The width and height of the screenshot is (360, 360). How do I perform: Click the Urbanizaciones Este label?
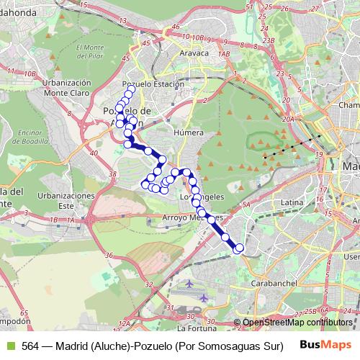click(x=66, y=200)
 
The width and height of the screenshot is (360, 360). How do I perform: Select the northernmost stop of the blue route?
click(x=129, y=94)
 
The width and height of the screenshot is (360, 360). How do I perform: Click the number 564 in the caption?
click(x=30, y=345)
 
